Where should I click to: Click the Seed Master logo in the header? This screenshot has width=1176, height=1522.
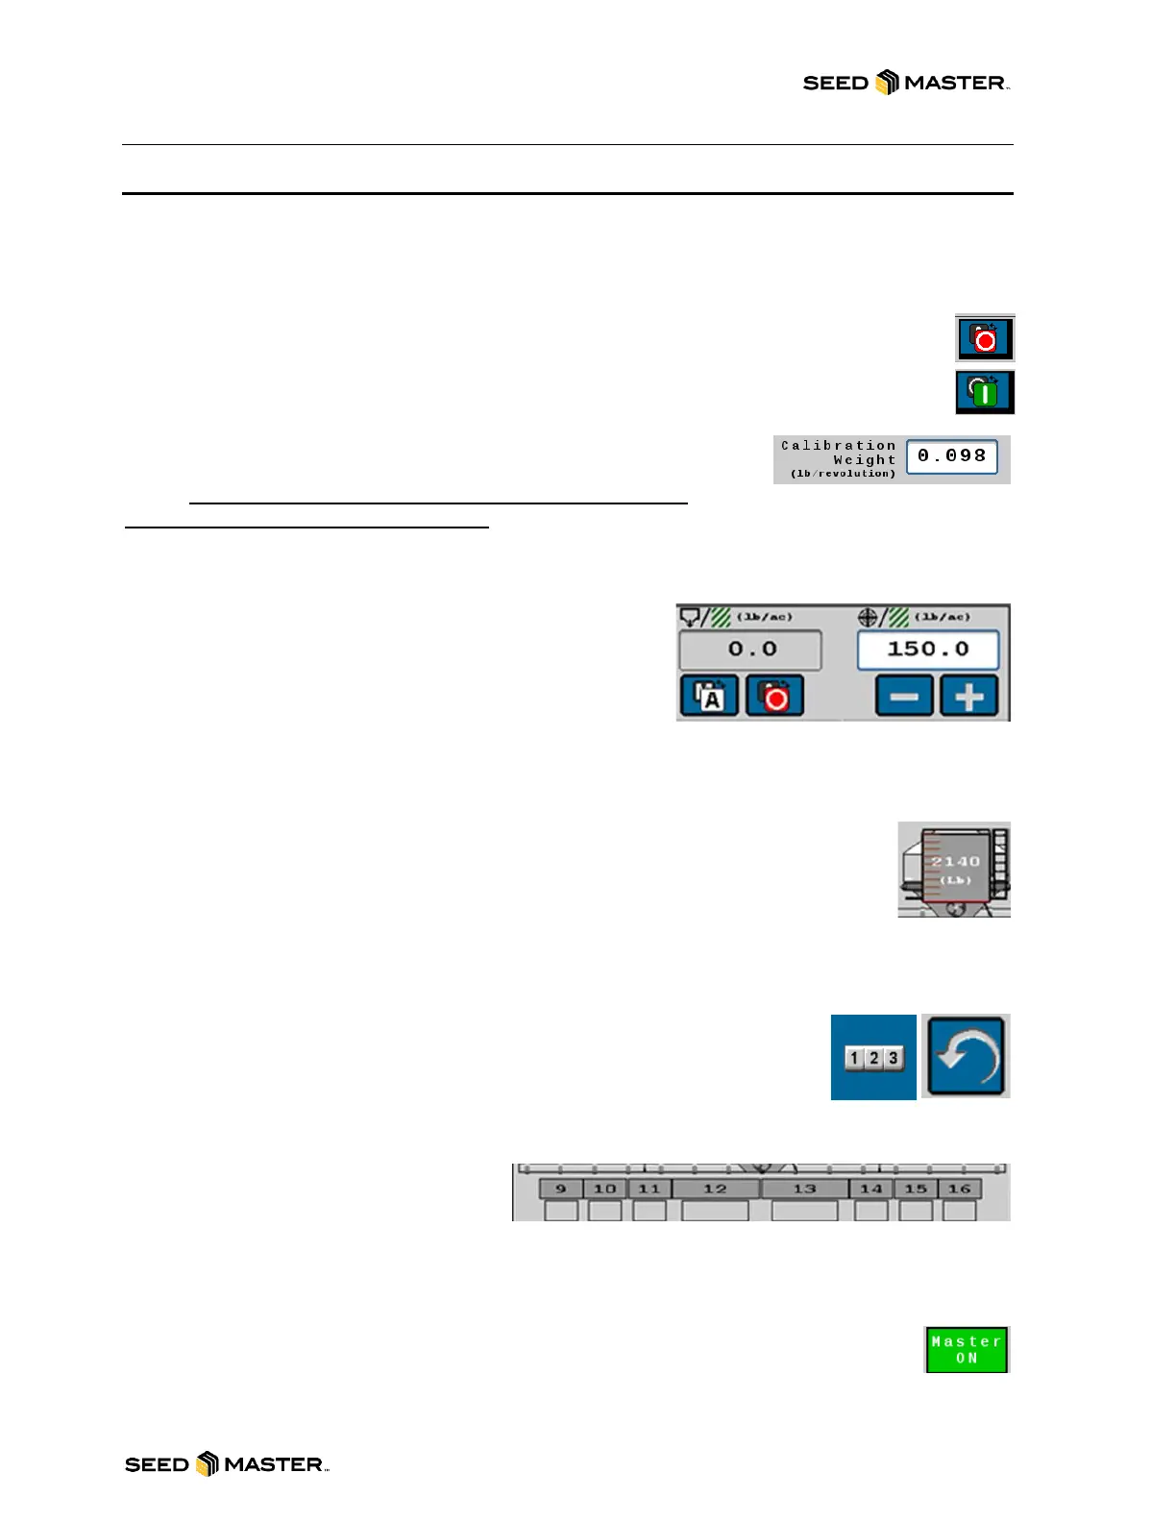(905, 83)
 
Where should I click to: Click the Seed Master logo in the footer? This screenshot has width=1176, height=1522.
(227, 1464)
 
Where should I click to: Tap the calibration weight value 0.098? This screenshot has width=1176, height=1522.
(951, 456)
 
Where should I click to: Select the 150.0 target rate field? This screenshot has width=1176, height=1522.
(927, 650)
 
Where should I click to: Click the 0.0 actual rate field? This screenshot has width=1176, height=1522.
(750, 650)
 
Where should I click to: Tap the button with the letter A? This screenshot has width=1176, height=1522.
(709, 696)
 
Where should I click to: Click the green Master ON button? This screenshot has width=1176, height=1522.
(967, 1350)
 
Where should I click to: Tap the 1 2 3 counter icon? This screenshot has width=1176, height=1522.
(873, 1058)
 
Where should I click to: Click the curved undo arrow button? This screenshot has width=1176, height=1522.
(966, 1056)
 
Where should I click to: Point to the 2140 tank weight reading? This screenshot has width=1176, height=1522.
(955, 862)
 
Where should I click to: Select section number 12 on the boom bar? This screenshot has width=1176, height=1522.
(715, 1189)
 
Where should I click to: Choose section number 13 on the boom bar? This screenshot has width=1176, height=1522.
(804, 1189)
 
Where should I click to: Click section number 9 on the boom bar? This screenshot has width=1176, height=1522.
(561, 1189)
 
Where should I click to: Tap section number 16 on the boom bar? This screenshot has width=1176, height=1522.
(959, 1189)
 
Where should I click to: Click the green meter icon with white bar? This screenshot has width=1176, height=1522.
(984, 392)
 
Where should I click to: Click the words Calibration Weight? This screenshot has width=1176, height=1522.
(838, 453)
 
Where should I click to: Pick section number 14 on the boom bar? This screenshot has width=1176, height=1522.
(870, 1189)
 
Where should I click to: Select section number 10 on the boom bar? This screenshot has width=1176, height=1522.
(604, 1189)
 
